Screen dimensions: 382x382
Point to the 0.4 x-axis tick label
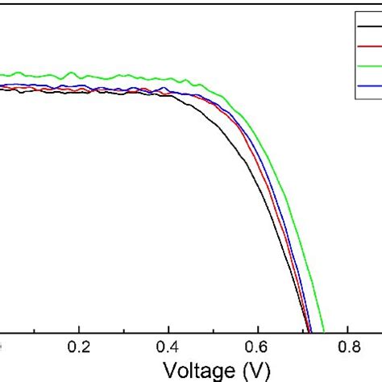tap(168, 349)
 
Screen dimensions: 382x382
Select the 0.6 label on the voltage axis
tap(258, 349)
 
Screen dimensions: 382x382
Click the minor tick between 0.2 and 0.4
tap(124, 329)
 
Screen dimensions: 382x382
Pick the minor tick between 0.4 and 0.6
tap(214, 329)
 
